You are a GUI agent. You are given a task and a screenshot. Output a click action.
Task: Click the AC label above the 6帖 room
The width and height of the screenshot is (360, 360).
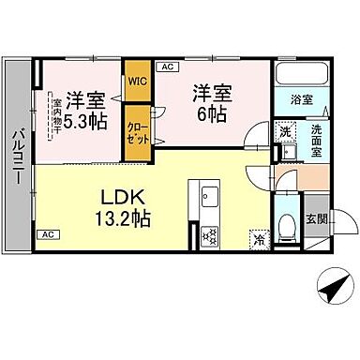coord(168,67)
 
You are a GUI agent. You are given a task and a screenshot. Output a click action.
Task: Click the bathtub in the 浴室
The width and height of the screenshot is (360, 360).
coord(299,74)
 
